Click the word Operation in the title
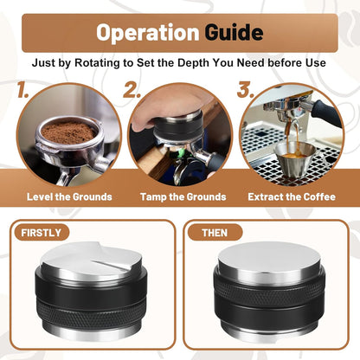point(147,33)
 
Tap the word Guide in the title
point(234,33)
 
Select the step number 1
point(24,88)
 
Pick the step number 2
point(132,88)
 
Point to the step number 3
point(245,88)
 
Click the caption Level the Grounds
point(69,196)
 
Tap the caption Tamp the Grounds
point(183,196)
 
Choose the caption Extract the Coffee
point(292,196)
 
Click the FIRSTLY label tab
point(41,233)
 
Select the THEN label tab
point(215,233)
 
